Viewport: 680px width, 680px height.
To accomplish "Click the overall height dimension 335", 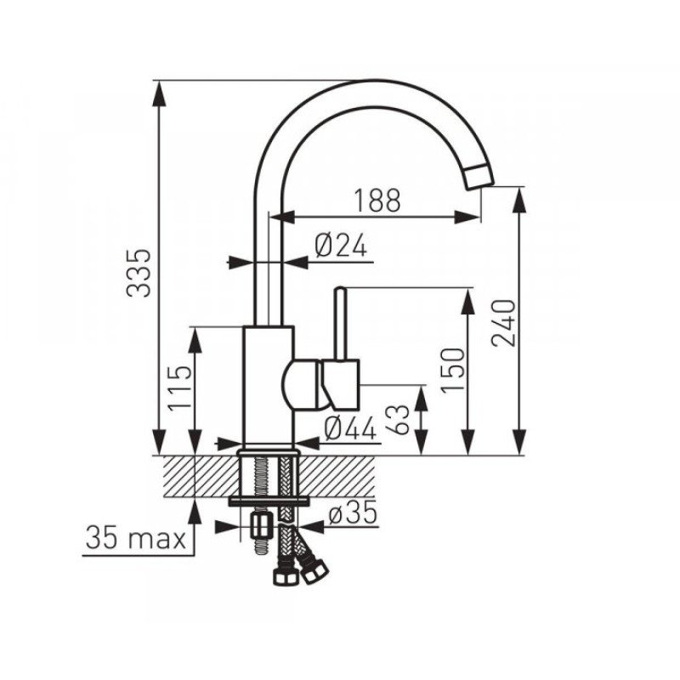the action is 139,273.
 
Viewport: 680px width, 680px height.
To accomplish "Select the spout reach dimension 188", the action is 377,201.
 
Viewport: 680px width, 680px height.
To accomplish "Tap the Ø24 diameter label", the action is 341,245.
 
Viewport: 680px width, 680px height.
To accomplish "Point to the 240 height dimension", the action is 503,323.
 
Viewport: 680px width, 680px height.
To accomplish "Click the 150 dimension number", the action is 452,371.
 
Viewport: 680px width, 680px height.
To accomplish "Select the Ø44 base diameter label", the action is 350,429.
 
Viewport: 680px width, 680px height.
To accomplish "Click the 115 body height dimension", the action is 179,388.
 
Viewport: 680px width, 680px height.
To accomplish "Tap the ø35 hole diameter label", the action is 353,514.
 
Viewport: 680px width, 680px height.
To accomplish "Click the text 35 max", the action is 136,538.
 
